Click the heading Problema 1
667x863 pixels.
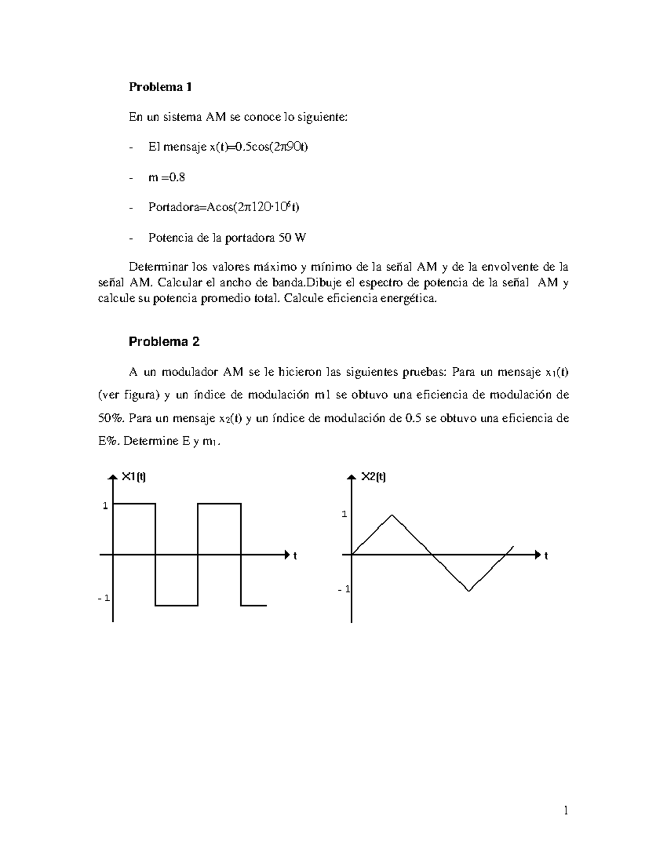[160, 87]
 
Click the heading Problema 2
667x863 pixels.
[164, 342]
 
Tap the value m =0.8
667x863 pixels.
[167, 177]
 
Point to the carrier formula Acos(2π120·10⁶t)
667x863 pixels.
[252, 207]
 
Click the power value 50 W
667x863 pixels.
[292, 238]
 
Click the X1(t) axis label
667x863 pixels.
[133, 476]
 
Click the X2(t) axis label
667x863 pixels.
[374, 476]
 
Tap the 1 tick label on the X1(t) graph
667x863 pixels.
[104, 506]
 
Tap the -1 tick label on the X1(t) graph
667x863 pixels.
[103, 598]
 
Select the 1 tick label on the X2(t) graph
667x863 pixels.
[344, 515]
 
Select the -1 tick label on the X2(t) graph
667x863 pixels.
[343, 589]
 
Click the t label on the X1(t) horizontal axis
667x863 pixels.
[295, 556]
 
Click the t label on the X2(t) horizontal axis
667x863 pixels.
[546, 556]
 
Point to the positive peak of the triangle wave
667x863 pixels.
[392, 515]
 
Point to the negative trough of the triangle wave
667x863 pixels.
[469, 591]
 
